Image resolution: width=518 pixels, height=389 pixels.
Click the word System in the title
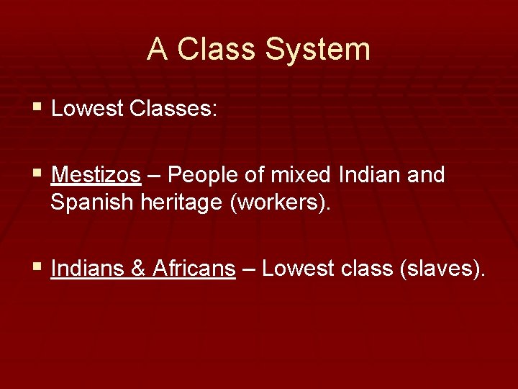pyautogui.click(x=317, y=50)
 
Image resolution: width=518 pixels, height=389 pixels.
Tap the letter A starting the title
pyautogui.click(x=158, y=50)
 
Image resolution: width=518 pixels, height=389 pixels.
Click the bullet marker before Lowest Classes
pyautogui.click(x=37, y=108)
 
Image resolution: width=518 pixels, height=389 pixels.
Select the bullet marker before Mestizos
pyautogui.click(x=37, y=174)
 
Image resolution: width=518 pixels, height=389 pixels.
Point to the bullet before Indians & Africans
pyautogui.click(x=37, y=268)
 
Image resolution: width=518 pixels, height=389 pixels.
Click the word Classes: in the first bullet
pyautogui.click(x=173, y=109)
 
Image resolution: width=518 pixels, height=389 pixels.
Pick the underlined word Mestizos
pyautogui.click(x=96, y=175)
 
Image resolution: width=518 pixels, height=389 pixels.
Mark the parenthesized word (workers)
pyautogui.click(x=281, y=203)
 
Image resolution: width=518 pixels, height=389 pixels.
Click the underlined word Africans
pyautogui.click(x=194, y=269)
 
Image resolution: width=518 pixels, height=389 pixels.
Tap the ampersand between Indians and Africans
pyautogui.click(x=139, y=269)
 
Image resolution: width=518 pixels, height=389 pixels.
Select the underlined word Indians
pyautogui.click(x=88, y=269)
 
